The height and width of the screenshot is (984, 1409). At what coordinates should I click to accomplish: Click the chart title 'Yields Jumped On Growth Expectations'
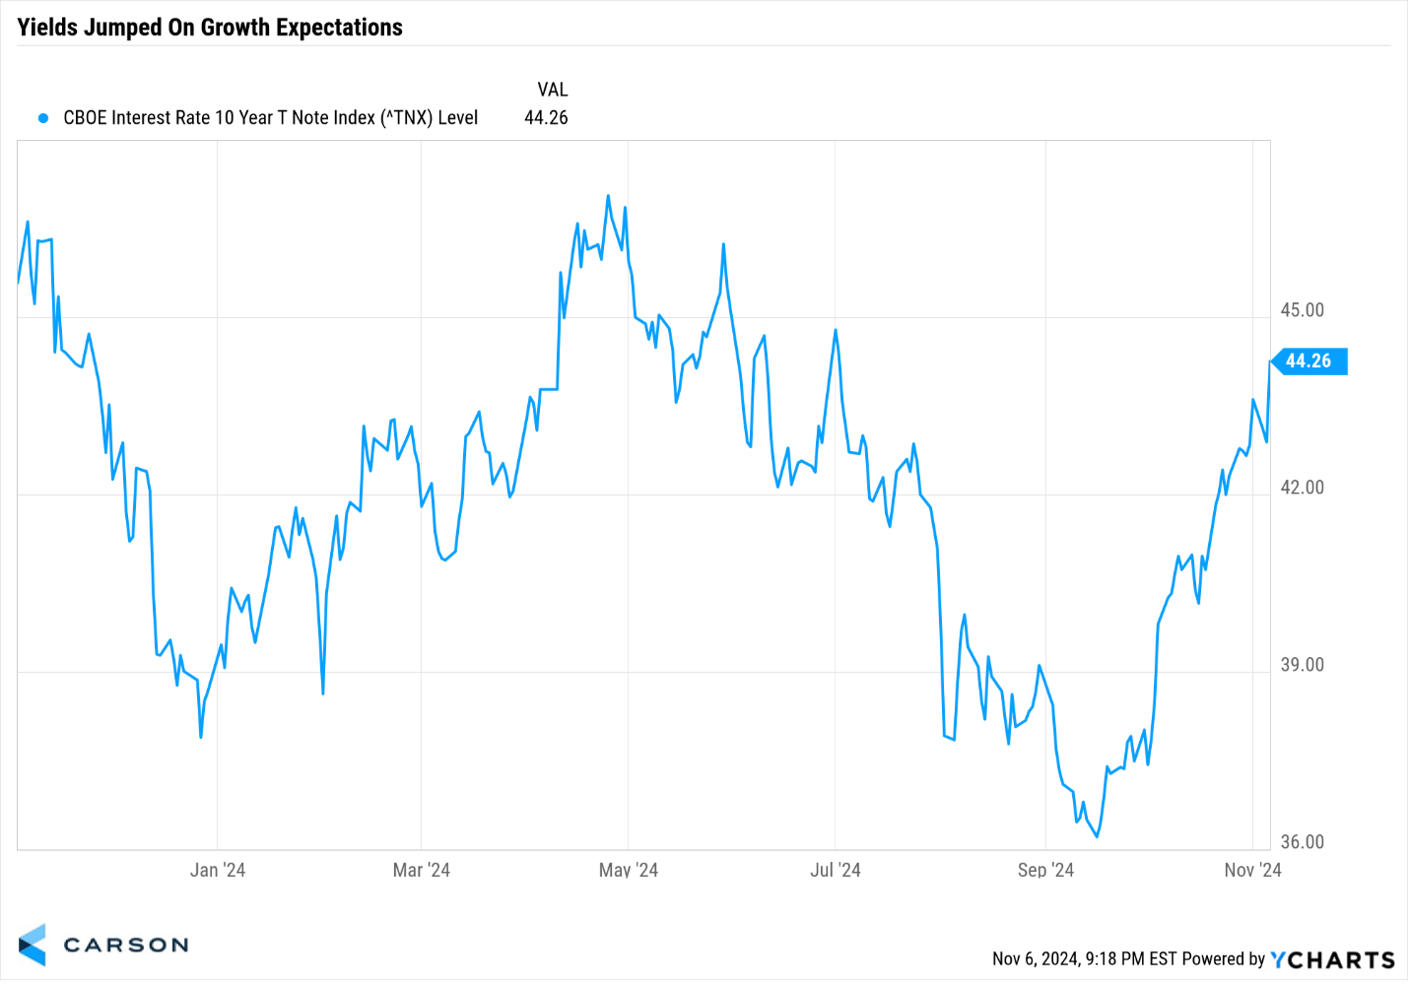click(x=210, y=28)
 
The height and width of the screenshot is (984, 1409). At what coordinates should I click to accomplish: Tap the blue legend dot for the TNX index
click(x=43, y=118)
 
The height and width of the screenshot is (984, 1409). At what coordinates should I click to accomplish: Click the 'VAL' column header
click(x=552, y=90)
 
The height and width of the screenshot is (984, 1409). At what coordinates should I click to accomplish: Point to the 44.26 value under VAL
click(x=546, y=118)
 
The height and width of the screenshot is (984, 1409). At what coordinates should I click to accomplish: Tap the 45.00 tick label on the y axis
click(x=1302, y=310)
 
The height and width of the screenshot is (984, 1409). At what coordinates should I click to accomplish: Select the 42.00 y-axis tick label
click(x=1302, y=488)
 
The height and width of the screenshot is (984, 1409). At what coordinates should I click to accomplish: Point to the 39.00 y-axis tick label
click(x=1302, y=665)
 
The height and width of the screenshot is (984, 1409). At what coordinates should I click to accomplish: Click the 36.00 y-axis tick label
click(x=1302, y=842)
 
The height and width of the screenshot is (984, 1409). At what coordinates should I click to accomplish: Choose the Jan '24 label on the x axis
click(x=218, y=870)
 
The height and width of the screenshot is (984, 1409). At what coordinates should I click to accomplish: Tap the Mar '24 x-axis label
click(x=421, y=870)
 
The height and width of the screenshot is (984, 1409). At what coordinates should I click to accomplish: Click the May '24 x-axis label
click(x=629, y=870)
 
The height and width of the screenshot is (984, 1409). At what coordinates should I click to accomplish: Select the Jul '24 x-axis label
click(x=836, y=870)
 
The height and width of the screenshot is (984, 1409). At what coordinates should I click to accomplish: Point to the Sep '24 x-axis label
click(x=1045, y=870)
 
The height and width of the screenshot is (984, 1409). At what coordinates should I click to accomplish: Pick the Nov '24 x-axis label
click(x=1252, y=870)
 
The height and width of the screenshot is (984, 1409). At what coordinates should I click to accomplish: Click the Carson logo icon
click(x=33, y=945)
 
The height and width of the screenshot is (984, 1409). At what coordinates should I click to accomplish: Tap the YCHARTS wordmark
click(x=1332, y=959)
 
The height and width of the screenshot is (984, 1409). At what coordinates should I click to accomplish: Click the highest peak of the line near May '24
click(x=608, y=196)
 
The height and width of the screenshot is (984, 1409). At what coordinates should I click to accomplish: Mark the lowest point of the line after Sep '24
click(x=1097, y=836)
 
